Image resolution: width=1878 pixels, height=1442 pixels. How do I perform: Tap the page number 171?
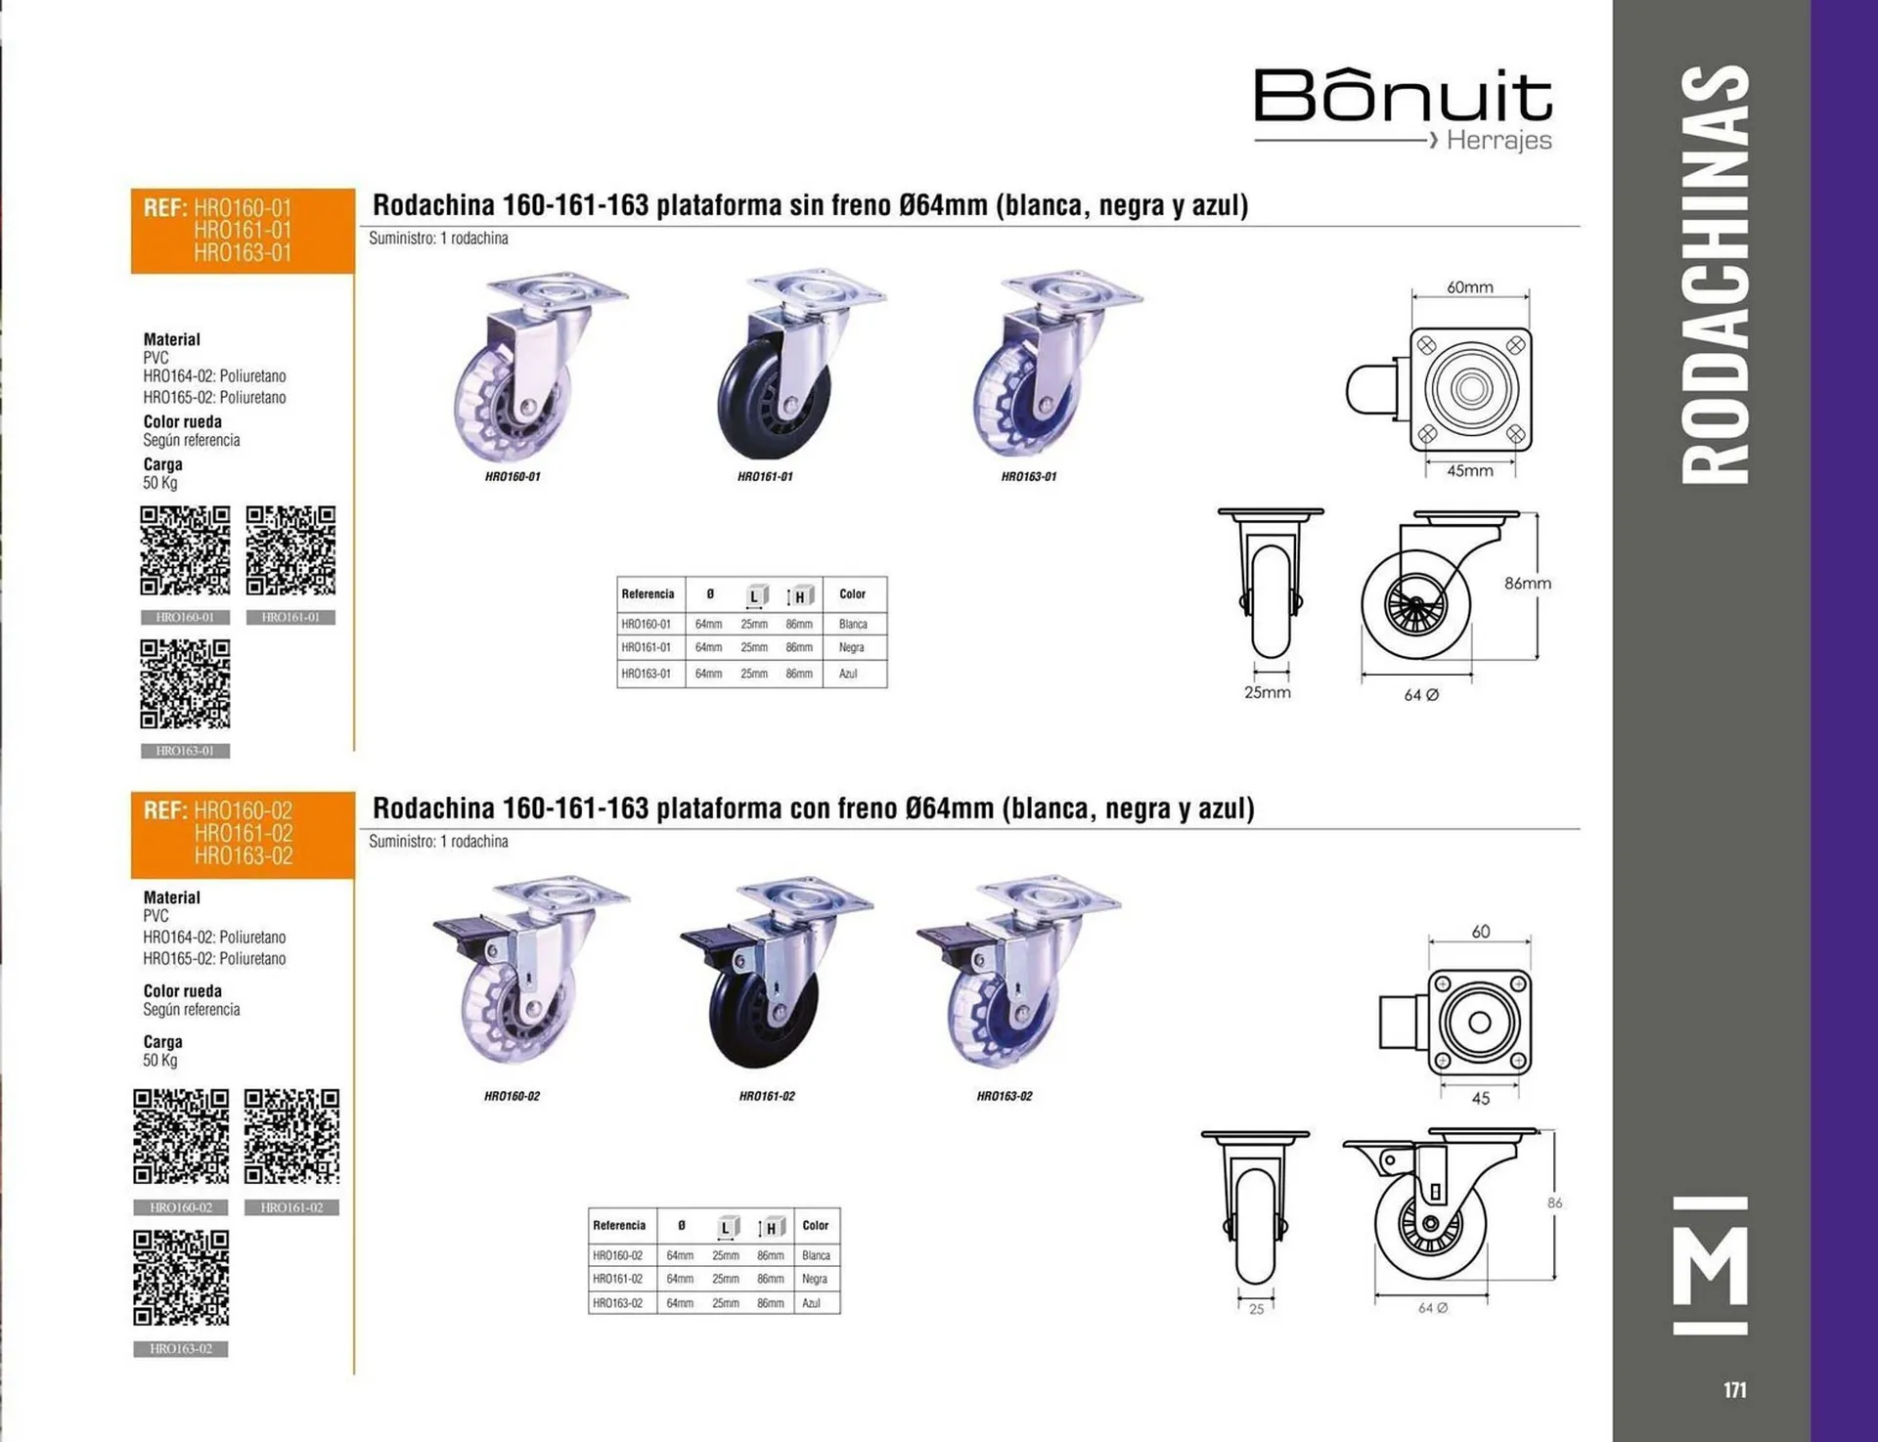(x=1735, y=1389)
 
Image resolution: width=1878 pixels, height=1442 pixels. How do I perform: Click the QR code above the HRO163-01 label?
(x=185, y=684)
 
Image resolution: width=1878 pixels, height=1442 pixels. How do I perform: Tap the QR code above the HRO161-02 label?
(x=291, y=1136)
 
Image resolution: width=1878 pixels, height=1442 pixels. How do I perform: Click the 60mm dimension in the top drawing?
(x=1470, y=287)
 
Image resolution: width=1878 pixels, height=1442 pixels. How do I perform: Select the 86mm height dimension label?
(x=1528, y=583)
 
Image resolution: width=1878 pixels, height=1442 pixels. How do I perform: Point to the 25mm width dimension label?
(x=1268, y=692)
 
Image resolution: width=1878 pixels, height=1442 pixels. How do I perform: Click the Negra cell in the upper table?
(x=852, y=647)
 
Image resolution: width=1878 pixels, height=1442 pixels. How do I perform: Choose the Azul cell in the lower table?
(x=812, y=1303)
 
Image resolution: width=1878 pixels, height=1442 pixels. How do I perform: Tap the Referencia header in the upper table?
(x=648, y=593)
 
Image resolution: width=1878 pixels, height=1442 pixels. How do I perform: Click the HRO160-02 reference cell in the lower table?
(x=618, y=1255)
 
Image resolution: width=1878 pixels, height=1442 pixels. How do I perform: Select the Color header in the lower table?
(x=816, y=1225)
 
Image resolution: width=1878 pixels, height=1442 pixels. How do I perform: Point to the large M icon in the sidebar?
(x=1711, y=1265)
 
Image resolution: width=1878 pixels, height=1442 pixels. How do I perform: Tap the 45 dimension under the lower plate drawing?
(x=1481, y=1099)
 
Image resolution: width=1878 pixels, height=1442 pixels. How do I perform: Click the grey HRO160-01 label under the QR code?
(x=185, y=618)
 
